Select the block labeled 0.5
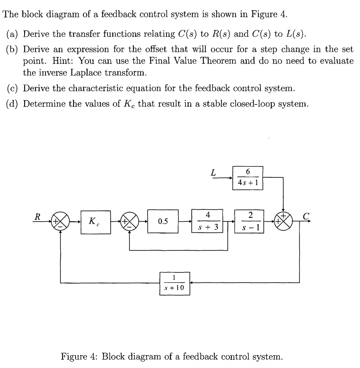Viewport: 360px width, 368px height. pos(163,222)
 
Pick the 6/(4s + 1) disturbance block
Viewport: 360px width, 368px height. pos(248,177)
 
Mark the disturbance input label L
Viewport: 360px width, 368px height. pos(214,172)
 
